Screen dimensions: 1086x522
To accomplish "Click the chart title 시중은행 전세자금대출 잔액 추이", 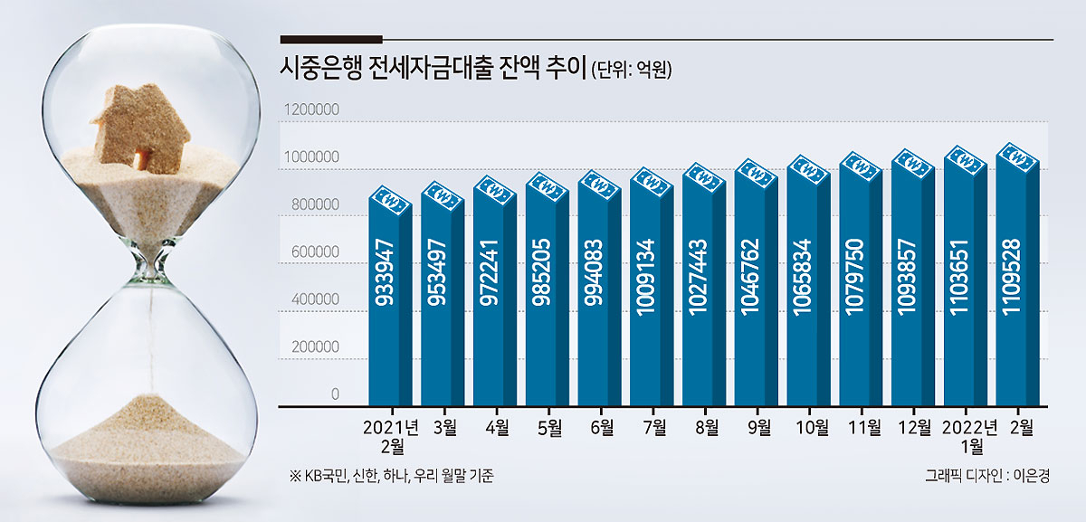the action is pyautogui.click(x=433, y=69).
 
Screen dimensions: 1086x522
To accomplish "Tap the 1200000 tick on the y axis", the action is pyautogui.click(x=311, y=109).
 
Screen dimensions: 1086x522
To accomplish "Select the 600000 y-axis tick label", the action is pyautogui.click(x=315, y=252).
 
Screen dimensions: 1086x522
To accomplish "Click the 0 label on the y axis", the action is pyautogui.click(x=335, y=394).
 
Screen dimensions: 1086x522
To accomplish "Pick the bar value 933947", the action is pyautogui.click(x=386, y=272).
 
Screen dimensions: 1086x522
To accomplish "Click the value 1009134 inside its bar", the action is pyautogui.click(x=647, y=277).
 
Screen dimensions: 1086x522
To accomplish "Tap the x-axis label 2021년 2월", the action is pyautogui.click(x=391, y=436).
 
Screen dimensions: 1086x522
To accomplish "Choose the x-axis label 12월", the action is pyautogui.click(x=914, y=427).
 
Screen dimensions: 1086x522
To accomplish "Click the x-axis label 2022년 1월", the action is pyautogui.click(x=970, y=436).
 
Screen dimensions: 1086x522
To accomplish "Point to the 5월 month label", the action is pyautogui.click(x=549, y=427).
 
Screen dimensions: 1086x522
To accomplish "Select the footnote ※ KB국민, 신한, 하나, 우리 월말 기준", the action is pyautogui.click(x=391, y=476).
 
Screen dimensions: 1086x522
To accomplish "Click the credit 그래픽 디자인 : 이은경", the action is pyautogui.click(x=987, y=476).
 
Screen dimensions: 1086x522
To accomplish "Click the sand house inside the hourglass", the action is pyautogui.click(x=140, y=128).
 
